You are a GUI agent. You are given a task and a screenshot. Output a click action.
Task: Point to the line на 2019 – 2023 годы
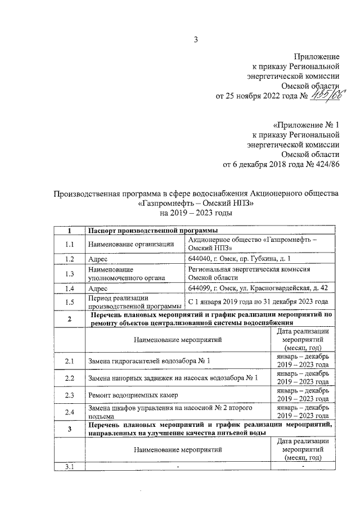tap(196, 214)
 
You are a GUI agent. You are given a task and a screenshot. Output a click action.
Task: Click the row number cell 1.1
tap(69, 244)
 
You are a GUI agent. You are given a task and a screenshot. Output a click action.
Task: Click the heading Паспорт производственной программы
tap(150, 231)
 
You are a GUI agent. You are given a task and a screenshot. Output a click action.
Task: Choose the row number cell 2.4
tap(69, 412)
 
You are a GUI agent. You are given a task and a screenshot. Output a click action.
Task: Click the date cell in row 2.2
tap(303, 377)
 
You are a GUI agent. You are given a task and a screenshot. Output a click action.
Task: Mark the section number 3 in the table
tap(69, 430)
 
